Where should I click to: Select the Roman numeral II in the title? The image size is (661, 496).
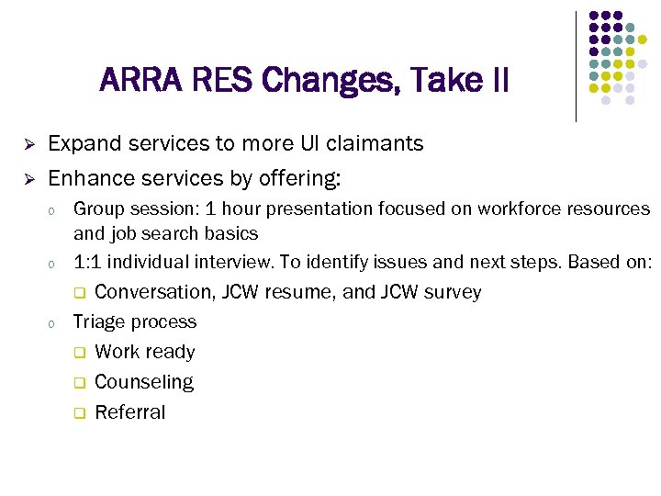(499, 81)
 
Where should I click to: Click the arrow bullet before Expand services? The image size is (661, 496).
(28, 145)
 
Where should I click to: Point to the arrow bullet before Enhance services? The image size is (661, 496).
(28, 177)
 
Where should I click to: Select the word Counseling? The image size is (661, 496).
(144, 381)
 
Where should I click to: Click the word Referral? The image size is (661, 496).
(130, 411)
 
